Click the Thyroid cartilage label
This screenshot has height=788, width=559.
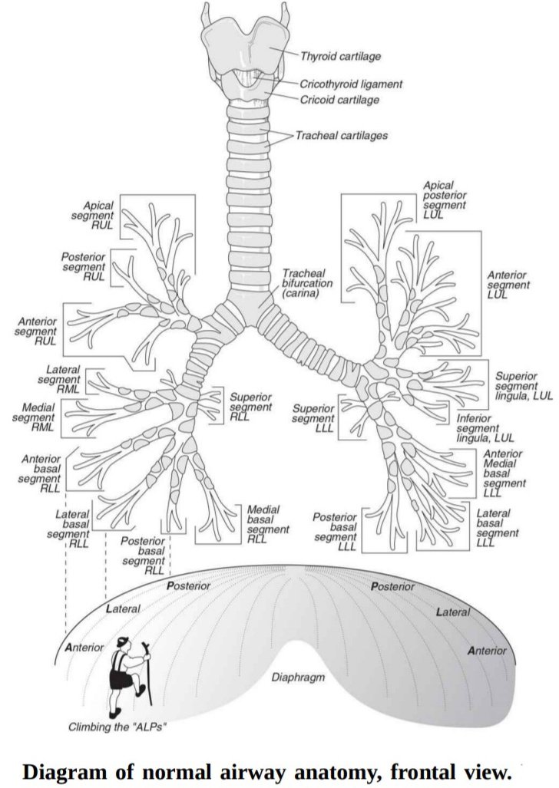(x=341, y=56)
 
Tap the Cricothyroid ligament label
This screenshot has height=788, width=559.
(x=351, y=84)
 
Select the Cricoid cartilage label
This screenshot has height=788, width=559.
(x=339, y=100)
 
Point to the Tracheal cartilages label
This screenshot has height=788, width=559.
(x=342, y=136)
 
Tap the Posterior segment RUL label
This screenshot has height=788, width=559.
(x=84, y=265)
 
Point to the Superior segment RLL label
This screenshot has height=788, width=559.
(x=251, y=407)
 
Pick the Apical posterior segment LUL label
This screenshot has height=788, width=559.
(x=445, y=200)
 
